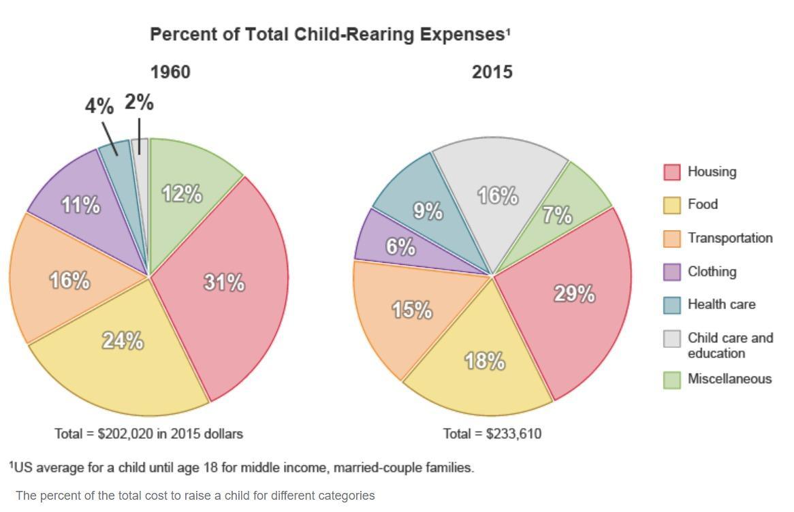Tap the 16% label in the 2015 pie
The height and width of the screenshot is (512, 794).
click(x=498, y=196)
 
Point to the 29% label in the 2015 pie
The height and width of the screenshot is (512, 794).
click(x=575, y=294)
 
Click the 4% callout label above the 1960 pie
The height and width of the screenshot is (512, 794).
click(x=99, y=106)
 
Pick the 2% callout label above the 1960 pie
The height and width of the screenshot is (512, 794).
click(x=139, y=103)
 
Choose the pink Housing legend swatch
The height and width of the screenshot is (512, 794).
click(x=672, y=172)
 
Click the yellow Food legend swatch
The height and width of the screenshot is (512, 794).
click(x=672, y=205)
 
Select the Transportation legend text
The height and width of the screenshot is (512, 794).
click(x=730, y=238)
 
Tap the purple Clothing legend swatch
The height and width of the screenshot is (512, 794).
click(x=672, y=272)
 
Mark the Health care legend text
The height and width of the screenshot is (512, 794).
click(x=721, y=304)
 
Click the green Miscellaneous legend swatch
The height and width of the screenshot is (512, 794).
click(x=672, y=380)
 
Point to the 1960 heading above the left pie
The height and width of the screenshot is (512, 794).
click(x=170, y=72)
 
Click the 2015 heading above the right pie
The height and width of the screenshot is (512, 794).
click(x=492, y=72)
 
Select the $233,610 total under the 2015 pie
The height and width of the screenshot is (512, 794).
click(x=514, y=434)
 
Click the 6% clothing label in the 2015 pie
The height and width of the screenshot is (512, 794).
click(x=400, y=246)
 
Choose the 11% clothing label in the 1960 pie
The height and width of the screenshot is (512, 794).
click(x=81, y=204)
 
